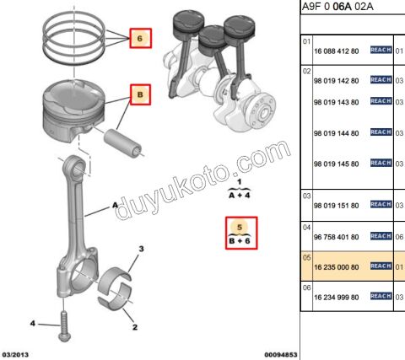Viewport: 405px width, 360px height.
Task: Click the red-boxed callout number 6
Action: pyautogui.click(x=140, y=39)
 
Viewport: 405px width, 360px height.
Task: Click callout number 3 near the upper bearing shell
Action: pyautogui.click(x=142, y=249)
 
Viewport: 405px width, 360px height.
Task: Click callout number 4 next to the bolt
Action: pyautogui.click(x=33, y=324)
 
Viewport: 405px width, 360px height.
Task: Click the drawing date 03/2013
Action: pyautogui.click(x=18, y=354)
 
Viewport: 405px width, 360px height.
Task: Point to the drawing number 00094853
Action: pyautogui.click(x=279, y=354)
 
